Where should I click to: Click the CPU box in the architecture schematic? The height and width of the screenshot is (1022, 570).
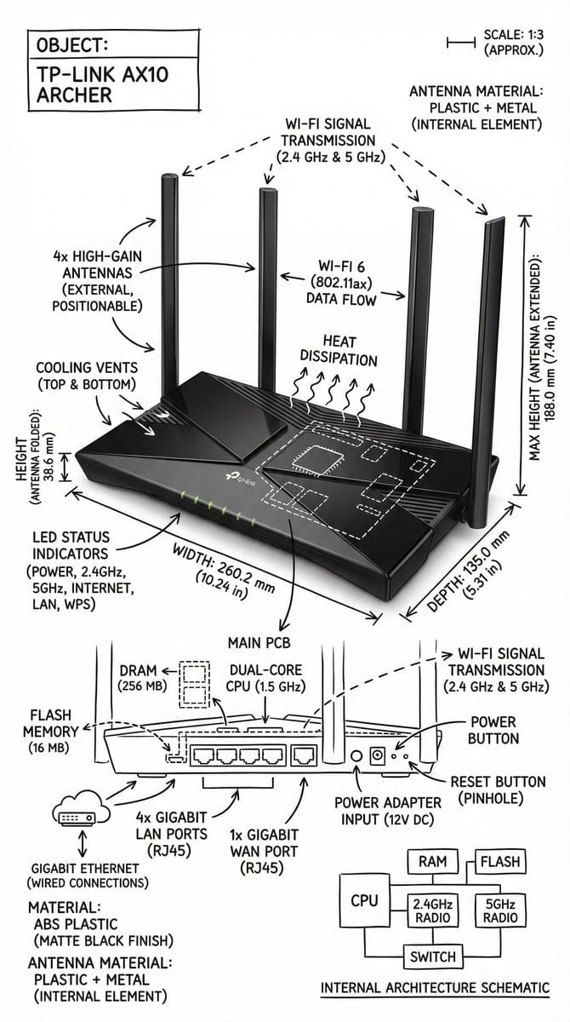364,900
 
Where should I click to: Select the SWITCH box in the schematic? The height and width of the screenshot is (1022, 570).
432,956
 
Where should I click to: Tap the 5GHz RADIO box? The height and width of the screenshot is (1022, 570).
499,910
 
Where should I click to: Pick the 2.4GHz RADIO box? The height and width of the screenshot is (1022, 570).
432,910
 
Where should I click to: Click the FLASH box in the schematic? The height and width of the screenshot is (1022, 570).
500,862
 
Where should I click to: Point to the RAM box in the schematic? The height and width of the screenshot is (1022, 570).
432,862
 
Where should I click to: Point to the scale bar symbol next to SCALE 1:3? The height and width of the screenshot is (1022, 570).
460,41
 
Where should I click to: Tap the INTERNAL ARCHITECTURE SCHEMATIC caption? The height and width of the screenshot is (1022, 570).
435,988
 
